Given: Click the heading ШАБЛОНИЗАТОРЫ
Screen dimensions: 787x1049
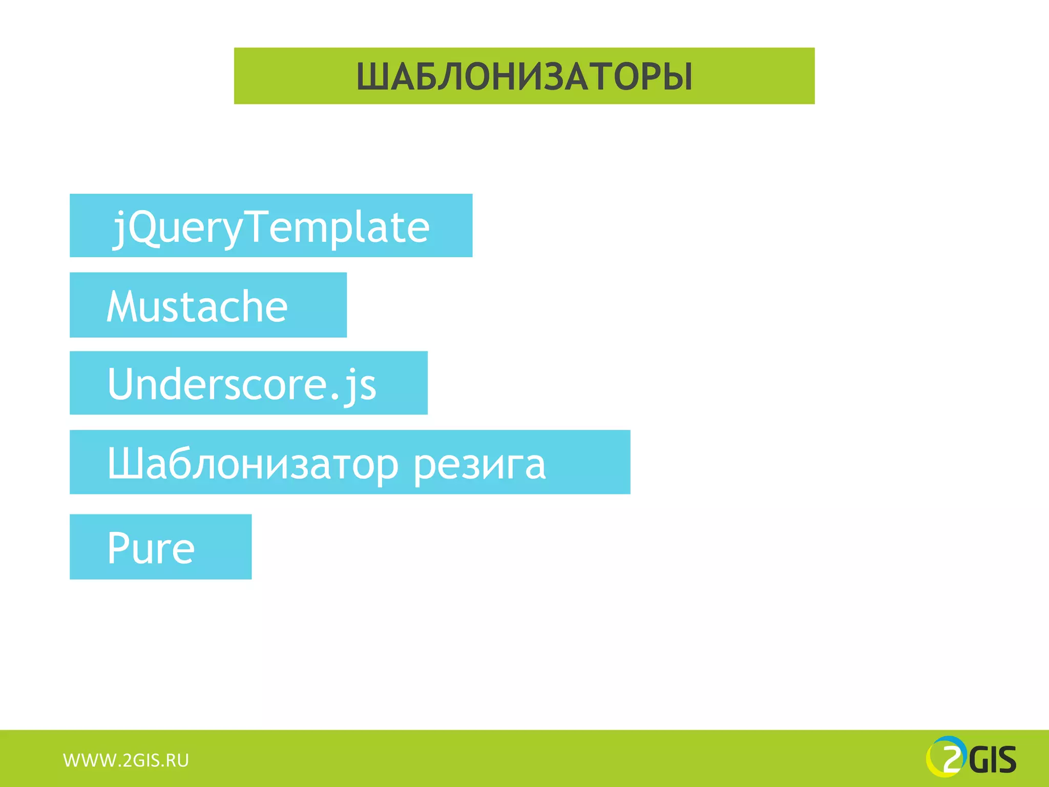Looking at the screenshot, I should pos(524,77).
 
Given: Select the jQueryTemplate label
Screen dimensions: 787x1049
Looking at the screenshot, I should pos(271,227).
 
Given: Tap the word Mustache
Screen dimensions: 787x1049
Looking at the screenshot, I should pos(197,306).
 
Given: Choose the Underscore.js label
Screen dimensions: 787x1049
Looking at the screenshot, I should pos(242,384).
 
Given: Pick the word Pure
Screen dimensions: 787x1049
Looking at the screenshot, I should pos(151,548).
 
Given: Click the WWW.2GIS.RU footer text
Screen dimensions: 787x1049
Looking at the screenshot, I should pos(126,760).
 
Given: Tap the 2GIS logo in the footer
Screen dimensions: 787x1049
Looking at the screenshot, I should pos(971,757).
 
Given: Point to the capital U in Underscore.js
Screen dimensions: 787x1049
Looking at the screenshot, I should pos(121,383).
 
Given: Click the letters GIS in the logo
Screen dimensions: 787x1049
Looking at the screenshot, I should pos(992,760).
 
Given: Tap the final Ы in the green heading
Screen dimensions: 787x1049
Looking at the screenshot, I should pos(680,77).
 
